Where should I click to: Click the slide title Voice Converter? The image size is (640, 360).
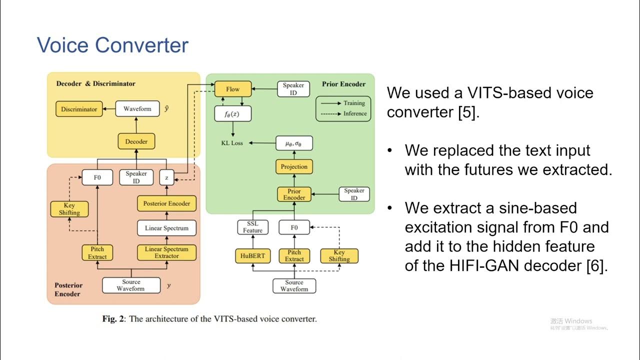(x=112, y=45)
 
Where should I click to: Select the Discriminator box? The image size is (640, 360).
(x=79, y=109)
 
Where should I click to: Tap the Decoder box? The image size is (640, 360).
(x=136, y=141)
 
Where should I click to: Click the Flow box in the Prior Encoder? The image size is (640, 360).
(x=232, y=89)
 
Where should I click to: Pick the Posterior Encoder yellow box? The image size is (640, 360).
(x=166, y=203)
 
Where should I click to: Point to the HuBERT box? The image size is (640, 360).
(x=252, y=255)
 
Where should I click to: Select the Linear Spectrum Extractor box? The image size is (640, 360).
(x=166, y=252)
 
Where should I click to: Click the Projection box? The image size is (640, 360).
(x=294, y=166)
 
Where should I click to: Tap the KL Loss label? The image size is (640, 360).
(x=232, y=143)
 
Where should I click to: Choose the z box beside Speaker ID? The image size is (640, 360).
(x=166, y=177)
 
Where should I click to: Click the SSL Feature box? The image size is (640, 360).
(x=252, y=227)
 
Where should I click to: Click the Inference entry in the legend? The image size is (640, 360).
(x=354, y=113)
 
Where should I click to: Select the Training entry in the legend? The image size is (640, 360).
(x=354, y=103)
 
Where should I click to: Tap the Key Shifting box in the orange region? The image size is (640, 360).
(x=69, y=209)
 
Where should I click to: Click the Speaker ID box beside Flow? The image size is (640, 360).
(x=293, y=89)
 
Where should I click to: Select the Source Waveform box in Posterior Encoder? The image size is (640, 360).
(x=131, y=285)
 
